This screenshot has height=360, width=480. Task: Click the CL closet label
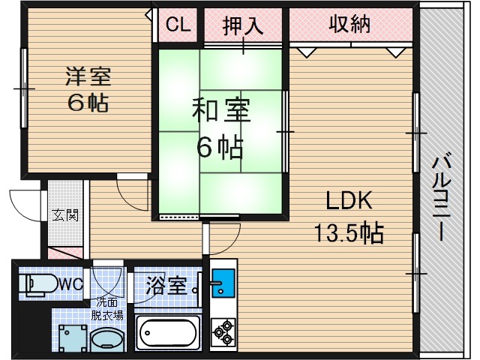click(178, 25)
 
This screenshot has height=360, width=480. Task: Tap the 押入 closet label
click(242, 25)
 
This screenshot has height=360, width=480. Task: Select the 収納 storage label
click(349, 24)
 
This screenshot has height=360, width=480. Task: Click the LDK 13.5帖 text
click(349, 218)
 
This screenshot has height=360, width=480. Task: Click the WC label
click(70, 284)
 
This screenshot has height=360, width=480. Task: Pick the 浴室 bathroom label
click(165, 285)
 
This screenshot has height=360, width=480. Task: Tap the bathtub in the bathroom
click(167, 331)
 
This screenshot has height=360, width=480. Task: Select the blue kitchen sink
click(222, 283)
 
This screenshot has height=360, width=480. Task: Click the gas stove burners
click(223, 329)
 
